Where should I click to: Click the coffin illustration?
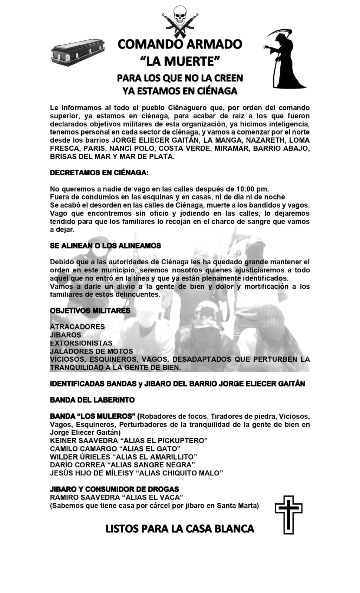tap(77, 53)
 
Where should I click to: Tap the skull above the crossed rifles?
tap(180, 12)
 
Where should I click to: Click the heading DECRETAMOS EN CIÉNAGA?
tap(99, 173)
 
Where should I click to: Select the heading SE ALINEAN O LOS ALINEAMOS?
tap(105, 246)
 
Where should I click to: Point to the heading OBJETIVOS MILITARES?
tap(90, 311)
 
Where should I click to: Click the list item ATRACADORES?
tap(77, 327)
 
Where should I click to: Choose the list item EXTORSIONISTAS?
tap(81, 343)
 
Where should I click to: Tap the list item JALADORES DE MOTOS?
tap(92, 351)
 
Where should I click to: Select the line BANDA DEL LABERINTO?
tap(92, 400)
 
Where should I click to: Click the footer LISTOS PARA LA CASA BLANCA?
tap(180, 529)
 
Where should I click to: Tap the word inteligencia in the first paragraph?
tap(289, 124)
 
